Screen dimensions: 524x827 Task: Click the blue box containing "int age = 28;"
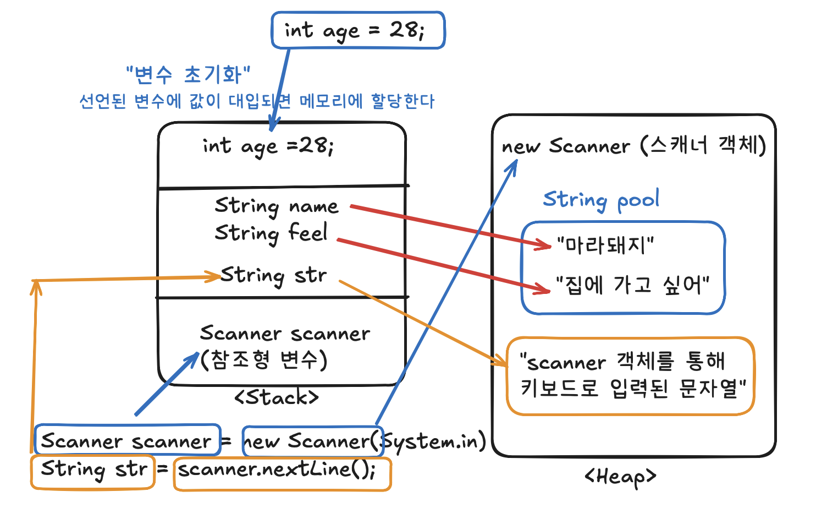357,30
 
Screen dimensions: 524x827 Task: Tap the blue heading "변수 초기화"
188,74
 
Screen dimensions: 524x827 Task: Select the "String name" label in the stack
276,206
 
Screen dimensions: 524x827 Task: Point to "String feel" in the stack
271,233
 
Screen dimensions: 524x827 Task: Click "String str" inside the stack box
273,275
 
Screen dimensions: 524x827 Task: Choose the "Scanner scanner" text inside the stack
285,334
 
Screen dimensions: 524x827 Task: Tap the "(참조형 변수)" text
263,360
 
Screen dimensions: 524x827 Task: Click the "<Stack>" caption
276,397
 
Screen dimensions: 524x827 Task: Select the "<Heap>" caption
620,477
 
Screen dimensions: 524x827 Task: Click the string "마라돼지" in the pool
605,244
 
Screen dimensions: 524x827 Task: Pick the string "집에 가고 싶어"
632,285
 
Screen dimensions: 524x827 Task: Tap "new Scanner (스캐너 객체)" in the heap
633,146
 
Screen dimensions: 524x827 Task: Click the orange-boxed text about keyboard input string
630,375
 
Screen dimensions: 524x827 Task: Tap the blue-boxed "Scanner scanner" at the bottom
127,440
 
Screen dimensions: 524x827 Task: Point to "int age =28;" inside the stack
268,146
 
